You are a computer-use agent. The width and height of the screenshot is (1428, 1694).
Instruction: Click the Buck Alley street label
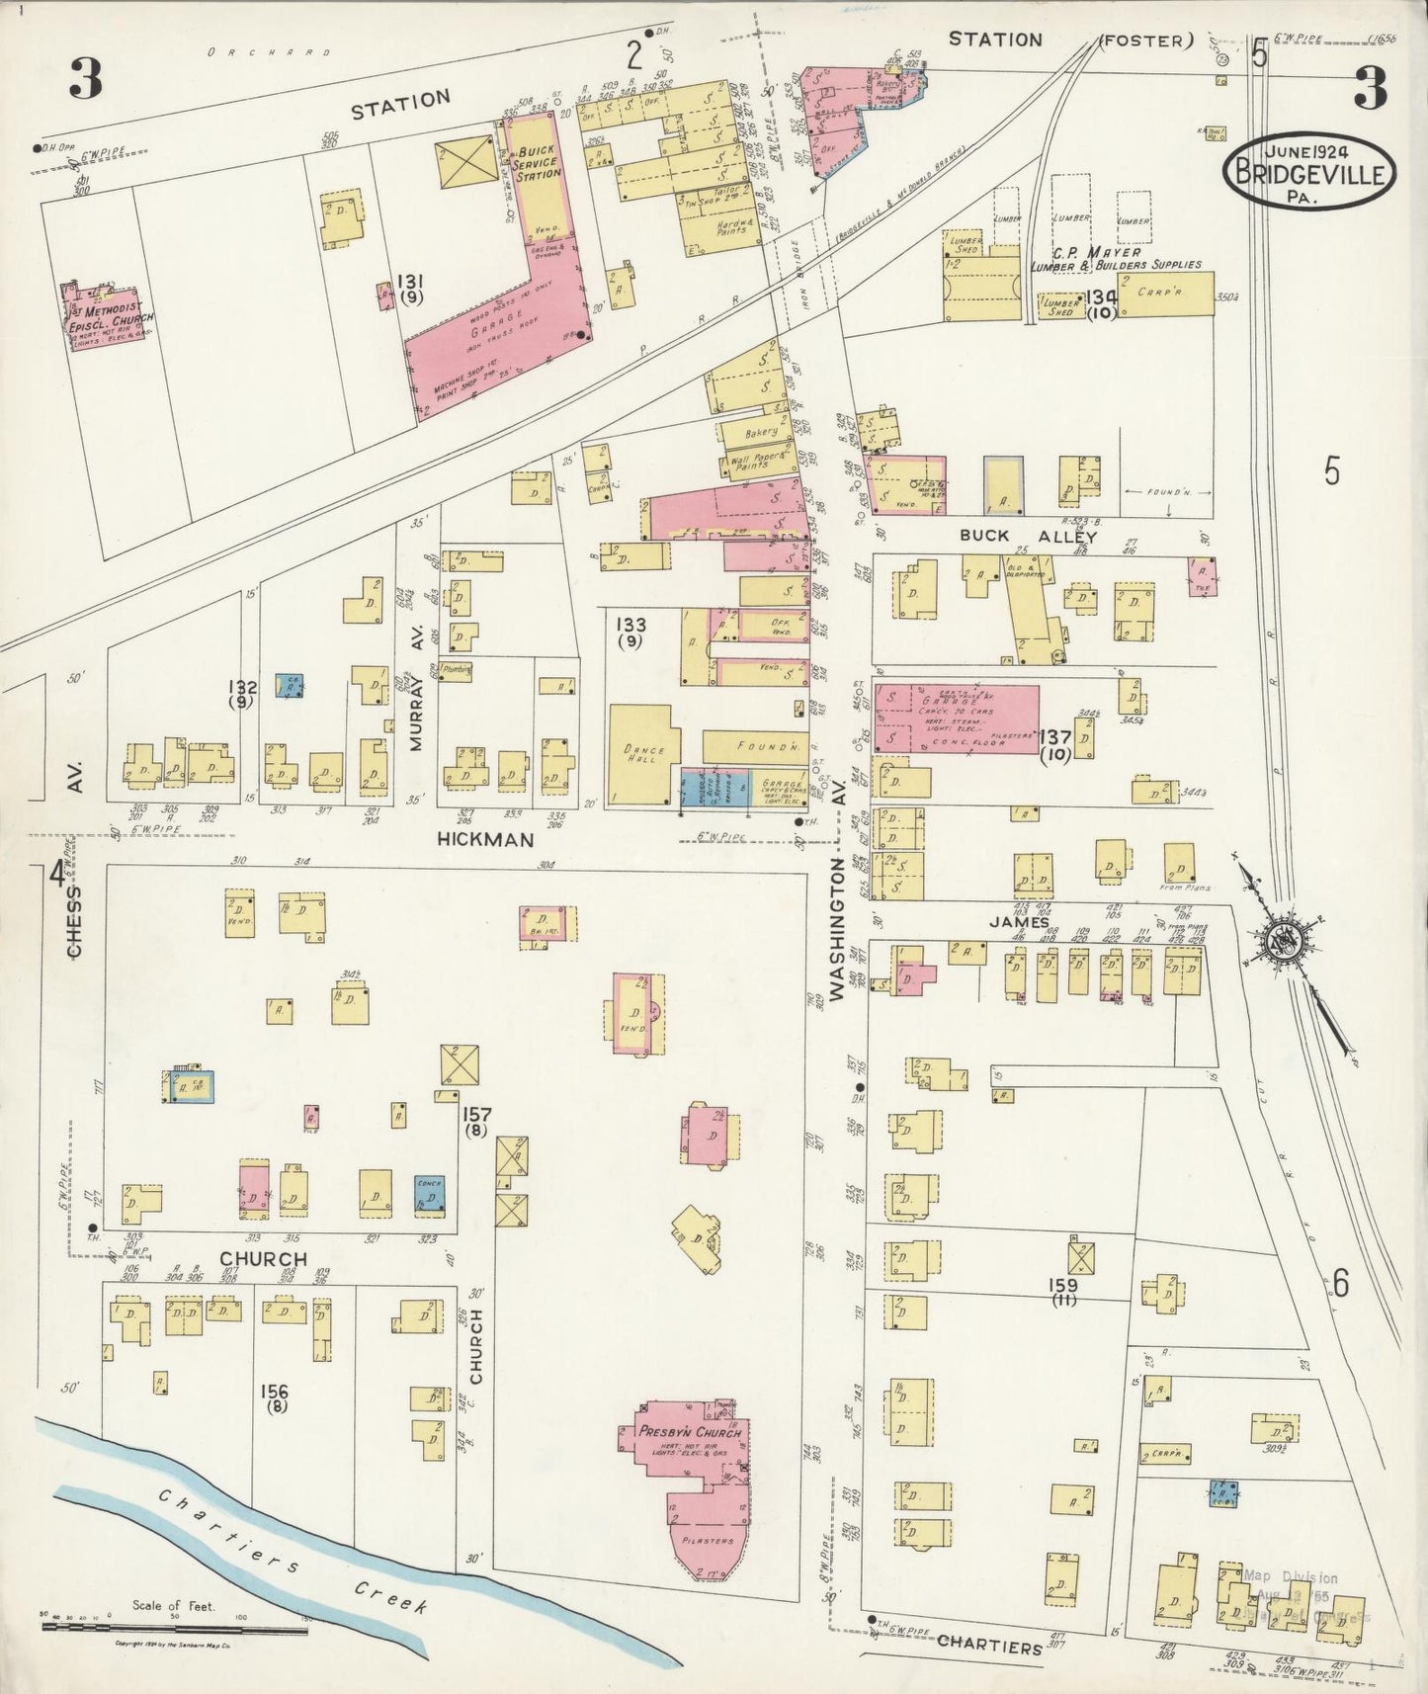tap(1029, 536)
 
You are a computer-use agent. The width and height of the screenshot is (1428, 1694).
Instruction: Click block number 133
tap(630, 632)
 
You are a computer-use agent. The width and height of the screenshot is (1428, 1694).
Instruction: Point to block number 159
tap(1064, 1291)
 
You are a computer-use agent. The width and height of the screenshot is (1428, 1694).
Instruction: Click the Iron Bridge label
tap(799, 284)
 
